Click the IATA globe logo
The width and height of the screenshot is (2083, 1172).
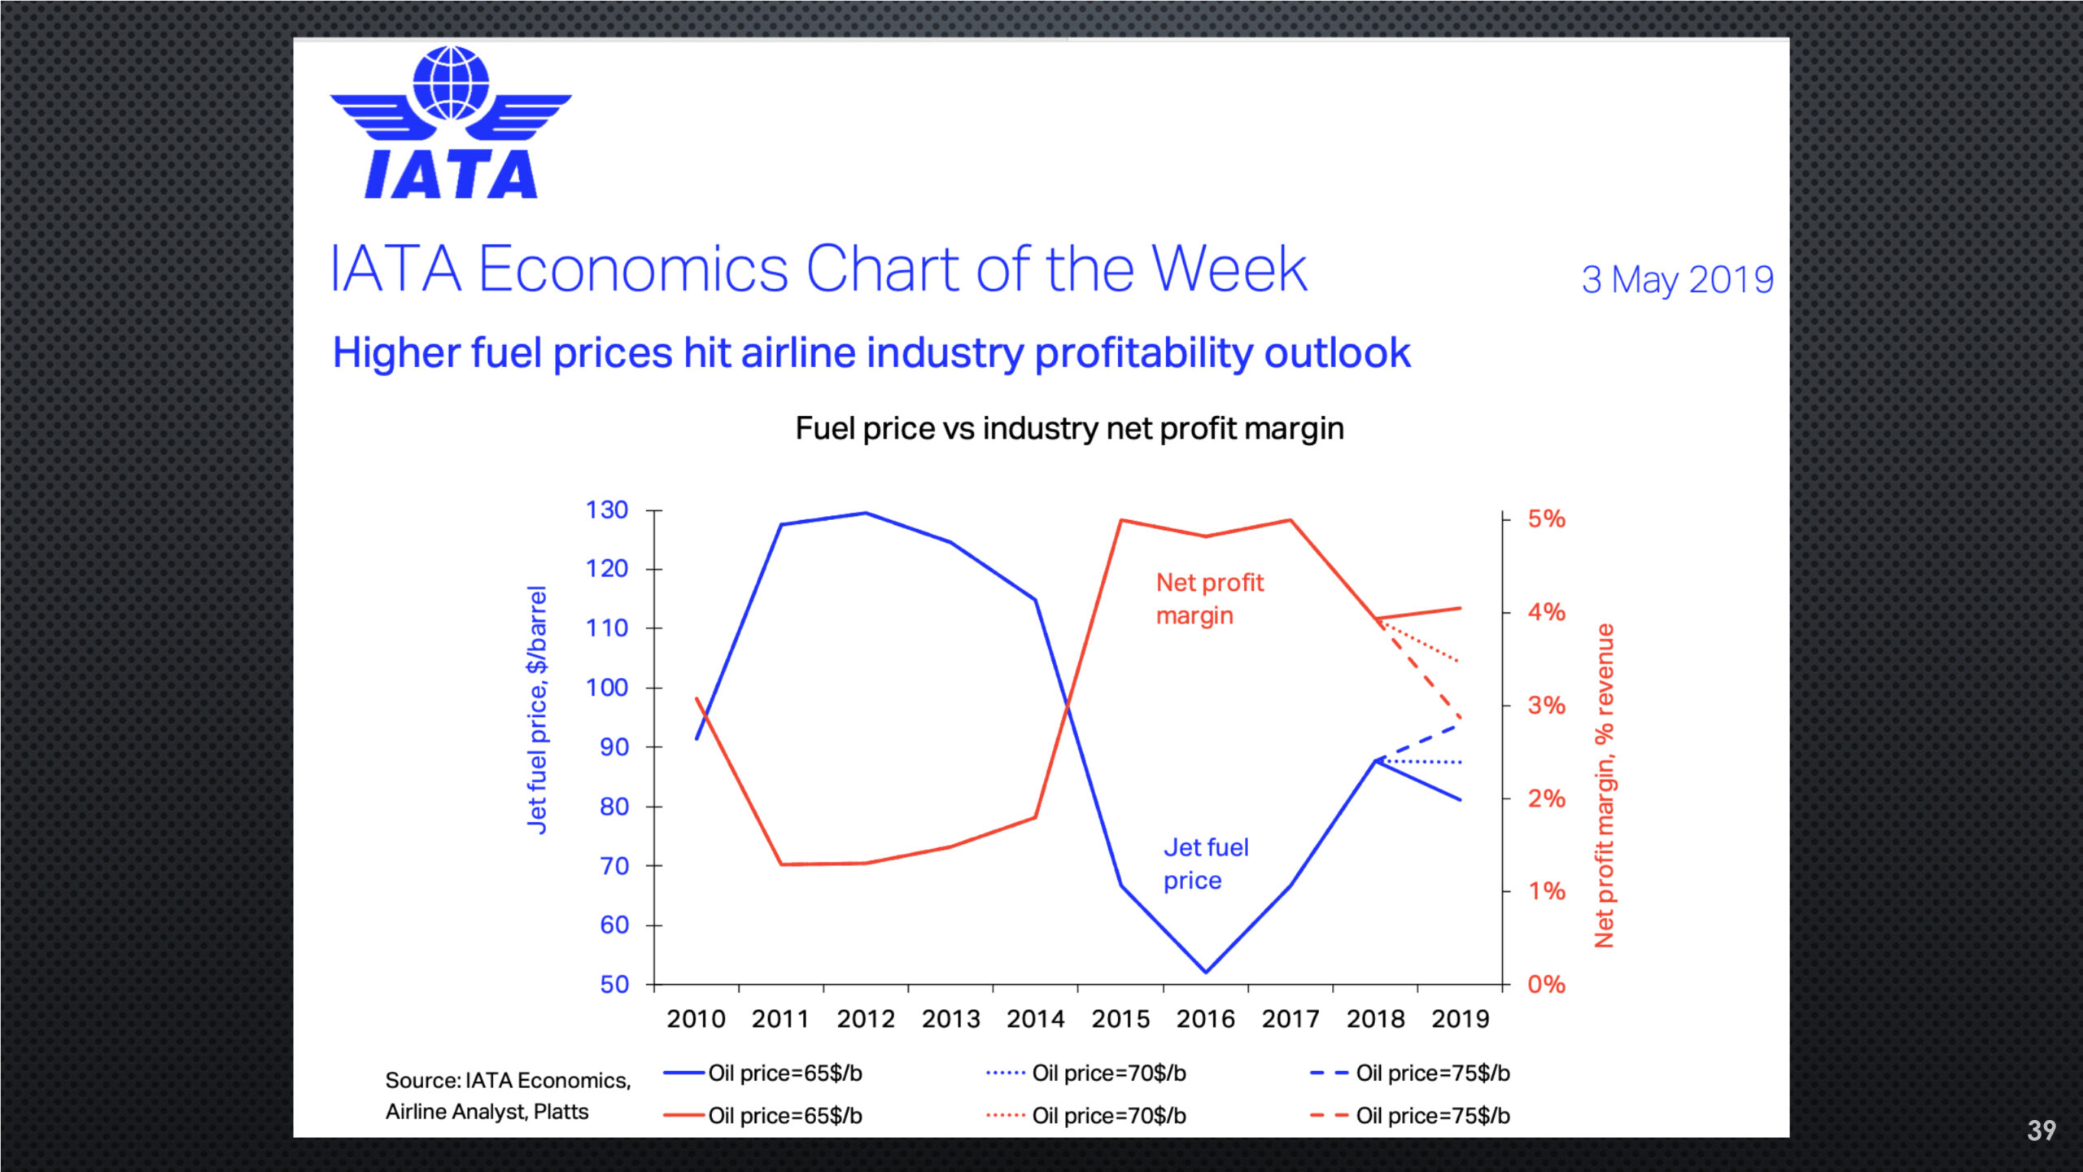pyautogui.click(x=450, y=122)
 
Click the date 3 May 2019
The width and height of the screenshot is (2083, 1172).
pyautogui.click(x=1677, y=280)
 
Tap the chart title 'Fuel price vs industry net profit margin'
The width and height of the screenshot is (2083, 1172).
pyautogui.click(x=1069, y=428)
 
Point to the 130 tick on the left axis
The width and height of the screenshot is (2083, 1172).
pyautogui.click(x=607, y=510)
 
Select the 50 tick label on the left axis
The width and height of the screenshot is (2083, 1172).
pyautogui.click(x=614, y=985)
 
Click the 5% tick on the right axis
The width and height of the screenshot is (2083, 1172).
pyautogui.click(x=1546, y=519)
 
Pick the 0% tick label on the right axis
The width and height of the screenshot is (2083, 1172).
pyautogui.click(x=1546, y=985)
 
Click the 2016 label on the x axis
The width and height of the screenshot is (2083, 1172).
pyautogui.click(x=1205, y=1019)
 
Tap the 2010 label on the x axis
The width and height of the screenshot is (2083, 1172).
pyautogui.click(x=696, y=1019)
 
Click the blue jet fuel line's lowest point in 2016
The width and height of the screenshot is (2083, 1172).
pyautogui.click(x=1206, y=972)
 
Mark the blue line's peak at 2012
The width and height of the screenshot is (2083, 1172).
pyautogui.click(x=866, y=513)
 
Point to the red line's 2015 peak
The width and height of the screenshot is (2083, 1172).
pyautogui.click(x=1121, y=520)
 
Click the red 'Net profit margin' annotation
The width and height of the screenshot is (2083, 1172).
pyautogui.click(x=1209, y=599)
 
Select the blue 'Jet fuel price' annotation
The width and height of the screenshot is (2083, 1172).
pyautogui.click(x=1205, y=864)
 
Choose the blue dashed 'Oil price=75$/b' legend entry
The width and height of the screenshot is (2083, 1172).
pyautogui.click(x=1410, y=1074)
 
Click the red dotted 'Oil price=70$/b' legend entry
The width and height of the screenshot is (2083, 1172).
pyautogui.click(x=1086, y=1116)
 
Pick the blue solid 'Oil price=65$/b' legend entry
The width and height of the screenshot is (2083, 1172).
pyautogui.click(x=762, y=1074)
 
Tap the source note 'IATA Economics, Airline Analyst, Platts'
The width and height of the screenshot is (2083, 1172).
pyautogui.click(x=507, y=1095)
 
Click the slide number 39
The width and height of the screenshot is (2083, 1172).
pyautogui.click(x=2041, y=1130)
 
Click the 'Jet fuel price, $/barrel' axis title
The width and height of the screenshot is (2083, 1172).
pyautogui.click(x=537, y=710)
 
